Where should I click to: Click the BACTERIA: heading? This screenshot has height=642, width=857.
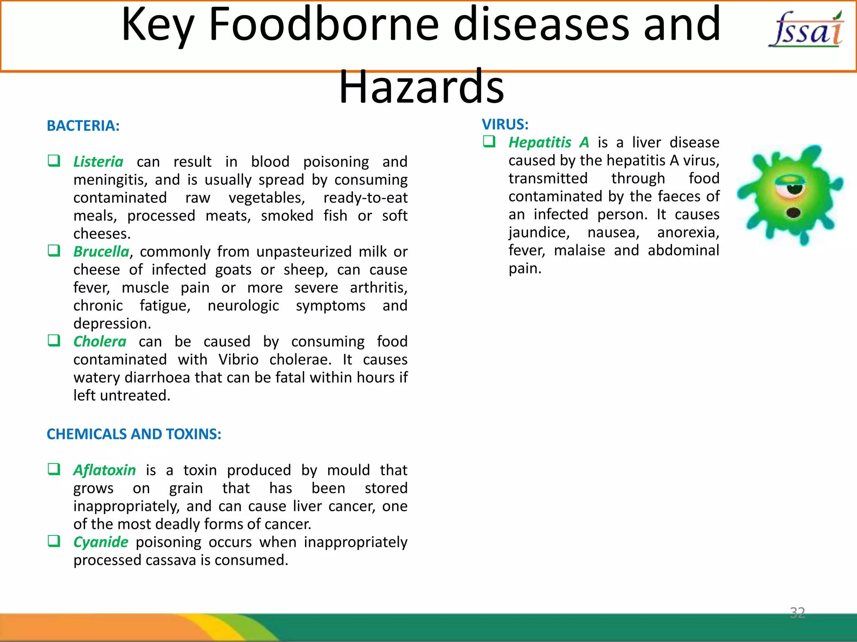coord(83,126)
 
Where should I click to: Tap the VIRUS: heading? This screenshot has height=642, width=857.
coord(505,125)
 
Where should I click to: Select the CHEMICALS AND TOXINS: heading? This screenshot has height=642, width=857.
coord(134,434)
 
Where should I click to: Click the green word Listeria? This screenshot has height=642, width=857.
coord(98,162)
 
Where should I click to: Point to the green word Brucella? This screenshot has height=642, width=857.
coord(101,252)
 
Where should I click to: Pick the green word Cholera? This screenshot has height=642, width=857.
coord(100,341)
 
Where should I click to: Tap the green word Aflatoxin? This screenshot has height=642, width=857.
coord(105,470)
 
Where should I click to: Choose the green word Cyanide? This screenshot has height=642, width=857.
coord(101,542)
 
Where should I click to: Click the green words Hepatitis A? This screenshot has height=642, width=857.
coord(549,143)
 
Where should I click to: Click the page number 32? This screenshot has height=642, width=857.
coord(797,613)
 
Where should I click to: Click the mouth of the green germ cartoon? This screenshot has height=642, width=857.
coord(793,213)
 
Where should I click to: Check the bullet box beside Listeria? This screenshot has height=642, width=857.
coord(54,160)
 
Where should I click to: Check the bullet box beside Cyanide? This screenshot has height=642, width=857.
coord(54,541)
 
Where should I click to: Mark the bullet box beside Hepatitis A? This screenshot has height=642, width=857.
coord(489,141)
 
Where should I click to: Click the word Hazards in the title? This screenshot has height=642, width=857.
coord(421,87)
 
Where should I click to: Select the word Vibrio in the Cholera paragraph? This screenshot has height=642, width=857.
coord(238,359)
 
